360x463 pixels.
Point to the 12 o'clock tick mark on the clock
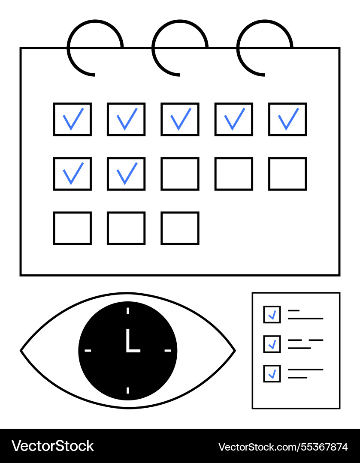click(128, 311)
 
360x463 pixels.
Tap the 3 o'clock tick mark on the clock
click(168, 351)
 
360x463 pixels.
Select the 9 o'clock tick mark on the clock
click(88, 351)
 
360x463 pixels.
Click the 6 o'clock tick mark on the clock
click(128, 391)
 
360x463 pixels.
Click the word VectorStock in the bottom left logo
click(53, 446)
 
